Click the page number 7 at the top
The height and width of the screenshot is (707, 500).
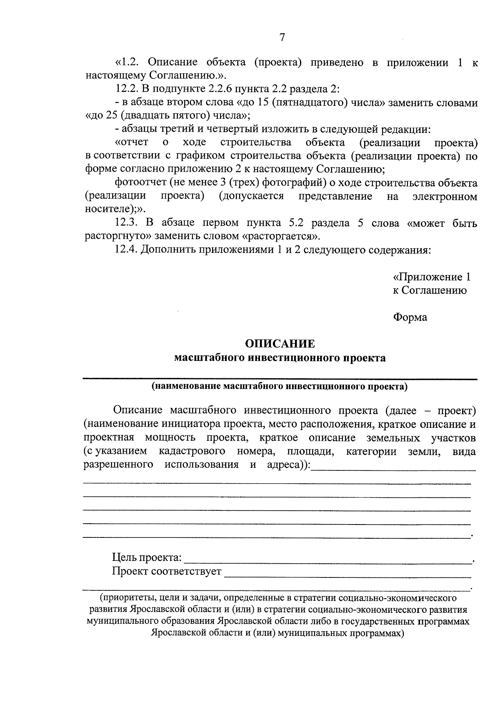click(x=282, y=37)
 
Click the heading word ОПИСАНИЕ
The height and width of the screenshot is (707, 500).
click(x=280, y=344)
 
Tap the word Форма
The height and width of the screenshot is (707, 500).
click(x=410, y=317)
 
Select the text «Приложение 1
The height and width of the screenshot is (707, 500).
click(x=432, y=277)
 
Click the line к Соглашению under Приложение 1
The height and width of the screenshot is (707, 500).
click(x=430, y=290)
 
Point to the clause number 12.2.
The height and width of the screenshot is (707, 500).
click(x=126, y=89)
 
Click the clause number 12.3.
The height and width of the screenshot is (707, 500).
click(x=126, y=223)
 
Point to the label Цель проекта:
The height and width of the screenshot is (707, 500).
click(x=147, y=557)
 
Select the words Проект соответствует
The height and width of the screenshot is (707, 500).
click(x=167, y=571)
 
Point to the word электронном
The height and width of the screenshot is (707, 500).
click(x=445, y=197)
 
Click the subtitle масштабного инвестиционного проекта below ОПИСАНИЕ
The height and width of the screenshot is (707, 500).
click(x=280, y=358)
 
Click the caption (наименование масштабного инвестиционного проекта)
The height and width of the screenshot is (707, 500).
click(x=280, y=386)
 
